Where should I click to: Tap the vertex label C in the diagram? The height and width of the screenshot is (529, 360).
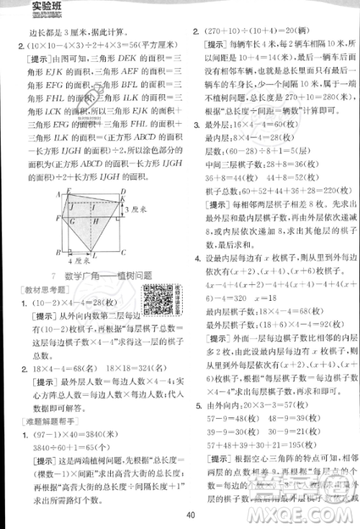coord(124,253)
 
